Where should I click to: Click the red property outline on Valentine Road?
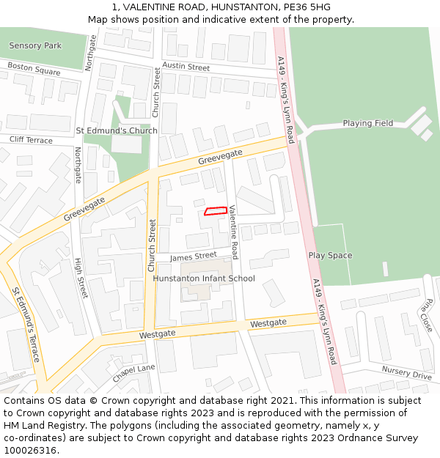coord(214,212)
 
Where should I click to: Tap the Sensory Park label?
coord(35,45)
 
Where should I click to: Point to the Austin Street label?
coord(186,67)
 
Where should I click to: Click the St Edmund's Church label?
coord(117,130)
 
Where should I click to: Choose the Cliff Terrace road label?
coord(31,140)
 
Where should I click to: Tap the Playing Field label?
coord(367,123)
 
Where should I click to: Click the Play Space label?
coord(330,255)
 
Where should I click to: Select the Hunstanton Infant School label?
coord(204,278)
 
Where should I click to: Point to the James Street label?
coord(193,256)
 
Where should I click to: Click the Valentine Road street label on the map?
coord(233,232)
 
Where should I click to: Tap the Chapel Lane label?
coord(134,373)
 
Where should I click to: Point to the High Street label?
coord(81,278)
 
